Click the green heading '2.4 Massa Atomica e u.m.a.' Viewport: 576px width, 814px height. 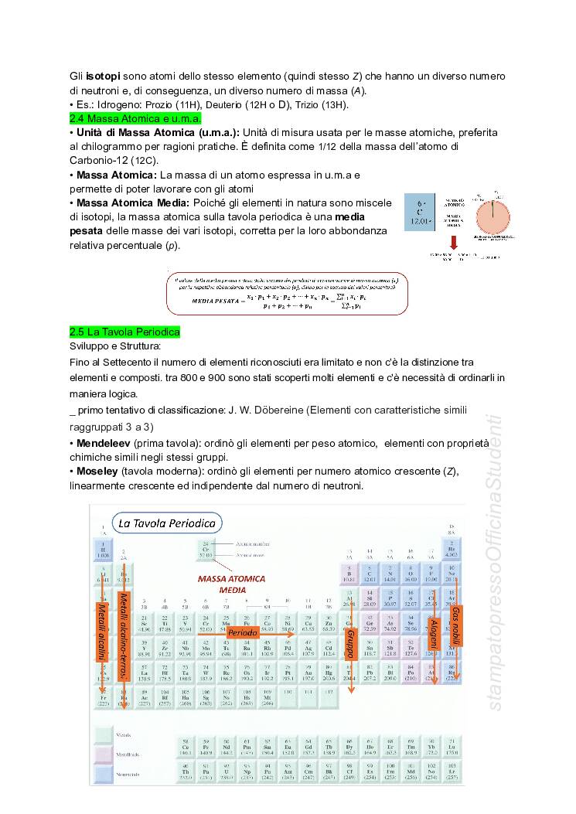pyautogui.click(x=135, y=119)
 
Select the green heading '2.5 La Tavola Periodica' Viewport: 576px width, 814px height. pyautogui.click(x=124, y=332)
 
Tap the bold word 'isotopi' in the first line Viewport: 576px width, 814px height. pyautogui.click(x=103, y=77)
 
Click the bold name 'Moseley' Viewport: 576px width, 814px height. pyautogui.click(x=97, y=472)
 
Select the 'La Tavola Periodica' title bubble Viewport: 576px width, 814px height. pyautogui.click(x=166, y=523)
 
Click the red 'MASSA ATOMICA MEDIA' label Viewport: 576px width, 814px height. pyautogui.click(x=231, y=584)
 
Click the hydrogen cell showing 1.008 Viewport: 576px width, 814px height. pyautogui.click(x=103, y=552)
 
